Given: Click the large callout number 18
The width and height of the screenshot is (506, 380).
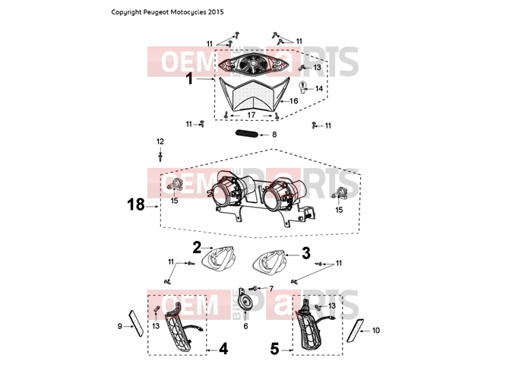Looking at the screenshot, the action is (x=136, y=204).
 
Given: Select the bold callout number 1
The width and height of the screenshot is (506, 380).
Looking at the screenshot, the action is (x=190, y=79).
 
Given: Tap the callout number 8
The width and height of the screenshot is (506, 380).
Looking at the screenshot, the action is (x=274, y=135).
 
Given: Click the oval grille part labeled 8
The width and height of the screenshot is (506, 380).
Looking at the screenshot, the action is (x=247, y=133).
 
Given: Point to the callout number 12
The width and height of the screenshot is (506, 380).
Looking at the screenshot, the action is (x=160, y=141).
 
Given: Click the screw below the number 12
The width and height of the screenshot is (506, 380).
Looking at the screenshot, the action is (x=160, y=157).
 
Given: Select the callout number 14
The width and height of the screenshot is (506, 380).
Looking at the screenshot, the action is (x=319, y=88).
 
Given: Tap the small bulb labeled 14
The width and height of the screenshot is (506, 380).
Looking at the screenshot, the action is (x=303, y=87).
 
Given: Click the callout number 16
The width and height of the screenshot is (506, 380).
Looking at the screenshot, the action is (x=294, y=101).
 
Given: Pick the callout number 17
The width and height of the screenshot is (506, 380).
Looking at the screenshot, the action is (x=251, y=115).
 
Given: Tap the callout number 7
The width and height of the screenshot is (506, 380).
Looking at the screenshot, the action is (x=271, y=288).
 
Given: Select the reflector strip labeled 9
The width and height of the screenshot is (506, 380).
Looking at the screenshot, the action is (x=136, y=323).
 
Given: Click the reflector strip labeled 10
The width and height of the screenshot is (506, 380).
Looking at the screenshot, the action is (x=353, y=331).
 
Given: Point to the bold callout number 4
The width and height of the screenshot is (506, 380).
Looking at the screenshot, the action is (x=223, y=349).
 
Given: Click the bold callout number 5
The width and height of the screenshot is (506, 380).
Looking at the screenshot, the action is (x=274, y=350).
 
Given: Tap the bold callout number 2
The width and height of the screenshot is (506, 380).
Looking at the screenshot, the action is (x=197, y=248).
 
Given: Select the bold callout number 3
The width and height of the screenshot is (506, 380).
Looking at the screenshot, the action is (x=306, y=253).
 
